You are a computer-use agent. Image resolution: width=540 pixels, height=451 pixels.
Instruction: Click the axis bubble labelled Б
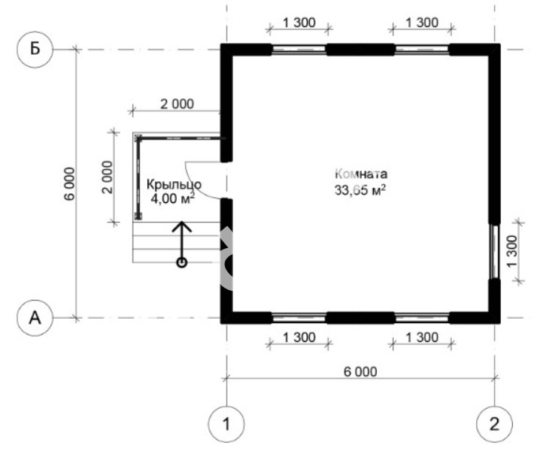tap(35, 50)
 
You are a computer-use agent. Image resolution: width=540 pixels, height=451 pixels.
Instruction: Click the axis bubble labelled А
tap(35, 318)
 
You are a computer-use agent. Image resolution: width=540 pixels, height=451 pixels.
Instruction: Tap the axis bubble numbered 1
tap(226, 424)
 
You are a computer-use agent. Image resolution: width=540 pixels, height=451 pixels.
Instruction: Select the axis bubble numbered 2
tap(494, 424)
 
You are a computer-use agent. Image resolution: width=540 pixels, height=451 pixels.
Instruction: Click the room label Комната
tap(361, 174)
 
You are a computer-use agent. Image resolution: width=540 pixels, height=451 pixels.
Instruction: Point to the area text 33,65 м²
tap(360, 190)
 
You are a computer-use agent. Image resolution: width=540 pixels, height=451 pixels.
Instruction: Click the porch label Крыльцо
tap(174, 185)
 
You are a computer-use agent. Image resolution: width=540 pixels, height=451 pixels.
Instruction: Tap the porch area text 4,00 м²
tap(172, 198)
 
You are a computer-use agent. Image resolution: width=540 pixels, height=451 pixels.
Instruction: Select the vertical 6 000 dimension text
tap(69, 183)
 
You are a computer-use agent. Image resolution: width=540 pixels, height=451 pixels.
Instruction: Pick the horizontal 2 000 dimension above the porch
tap(177, 104)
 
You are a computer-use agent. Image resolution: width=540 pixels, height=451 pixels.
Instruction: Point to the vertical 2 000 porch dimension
tap(108, 177)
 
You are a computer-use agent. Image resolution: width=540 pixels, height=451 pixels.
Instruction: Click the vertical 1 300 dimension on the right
tap(512, 251)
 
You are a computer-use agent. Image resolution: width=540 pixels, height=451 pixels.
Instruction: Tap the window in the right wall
tap(495, 251)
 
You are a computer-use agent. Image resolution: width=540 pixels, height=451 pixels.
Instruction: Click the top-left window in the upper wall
tap(299, 50)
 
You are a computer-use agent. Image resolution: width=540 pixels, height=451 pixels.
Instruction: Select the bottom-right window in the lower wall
tap(422, 318)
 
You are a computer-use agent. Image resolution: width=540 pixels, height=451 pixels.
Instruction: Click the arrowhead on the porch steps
tap(182, 226)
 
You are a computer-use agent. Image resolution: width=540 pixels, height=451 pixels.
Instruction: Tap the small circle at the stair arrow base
tap(182, 262)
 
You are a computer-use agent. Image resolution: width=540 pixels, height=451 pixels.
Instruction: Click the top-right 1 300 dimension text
tap(422, 23)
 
